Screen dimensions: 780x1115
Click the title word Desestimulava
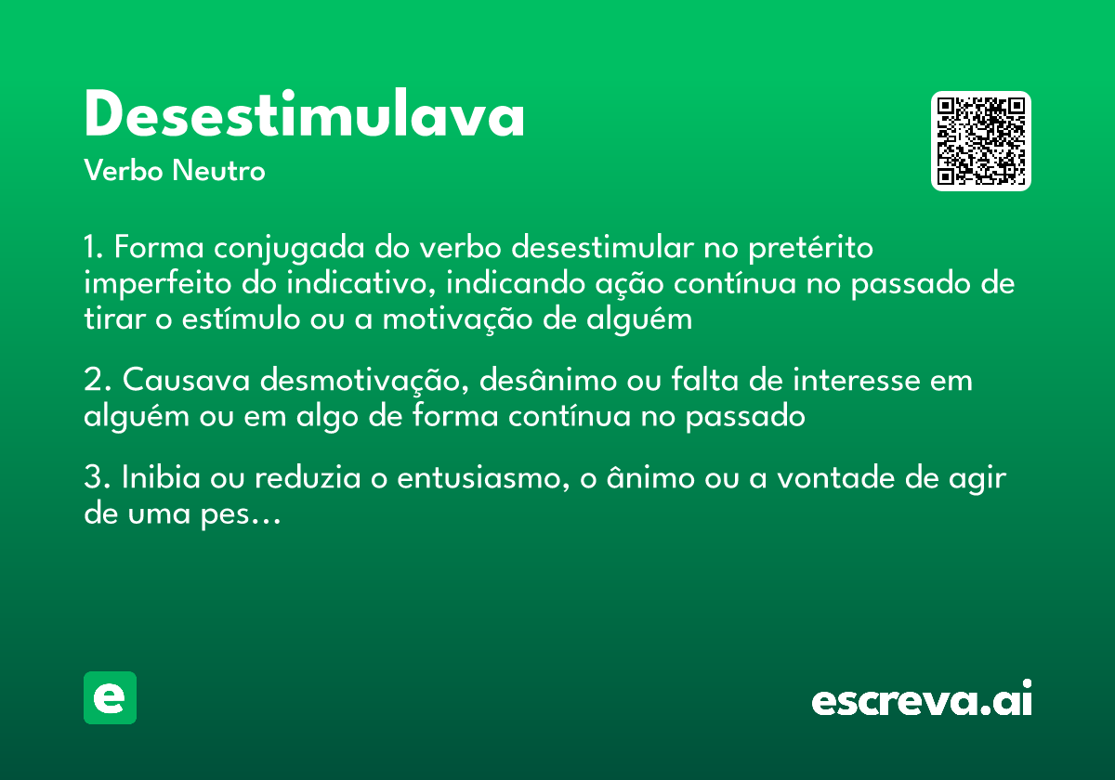click(305, 116)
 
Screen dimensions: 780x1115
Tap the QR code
click(981, 141)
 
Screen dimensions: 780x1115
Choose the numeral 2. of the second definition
click(97, 381)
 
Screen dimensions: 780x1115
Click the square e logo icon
click(110, 697)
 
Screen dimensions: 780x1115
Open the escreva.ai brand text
click(921, 699)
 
